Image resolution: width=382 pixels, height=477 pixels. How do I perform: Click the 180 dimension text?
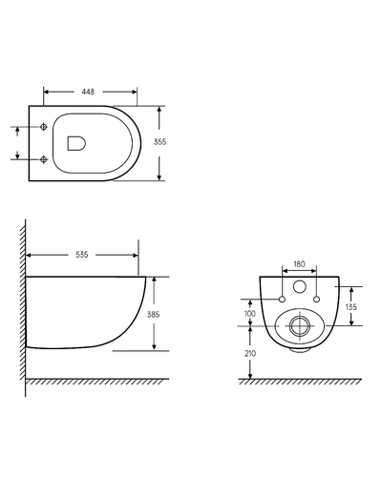298,263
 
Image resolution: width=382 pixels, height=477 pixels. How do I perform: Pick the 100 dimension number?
250,313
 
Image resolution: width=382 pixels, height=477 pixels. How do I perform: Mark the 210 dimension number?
250,354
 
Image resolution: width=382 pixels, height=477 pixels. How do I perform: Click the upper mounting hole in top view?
46,127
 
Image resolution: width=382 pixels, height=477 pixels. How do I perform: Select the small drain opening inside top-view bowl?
75,143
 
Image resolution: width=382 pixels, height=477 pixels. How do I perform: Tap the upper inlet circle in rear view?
298,287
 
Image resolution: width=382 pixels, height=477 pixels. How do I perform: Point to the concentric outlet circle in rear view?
298,326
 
